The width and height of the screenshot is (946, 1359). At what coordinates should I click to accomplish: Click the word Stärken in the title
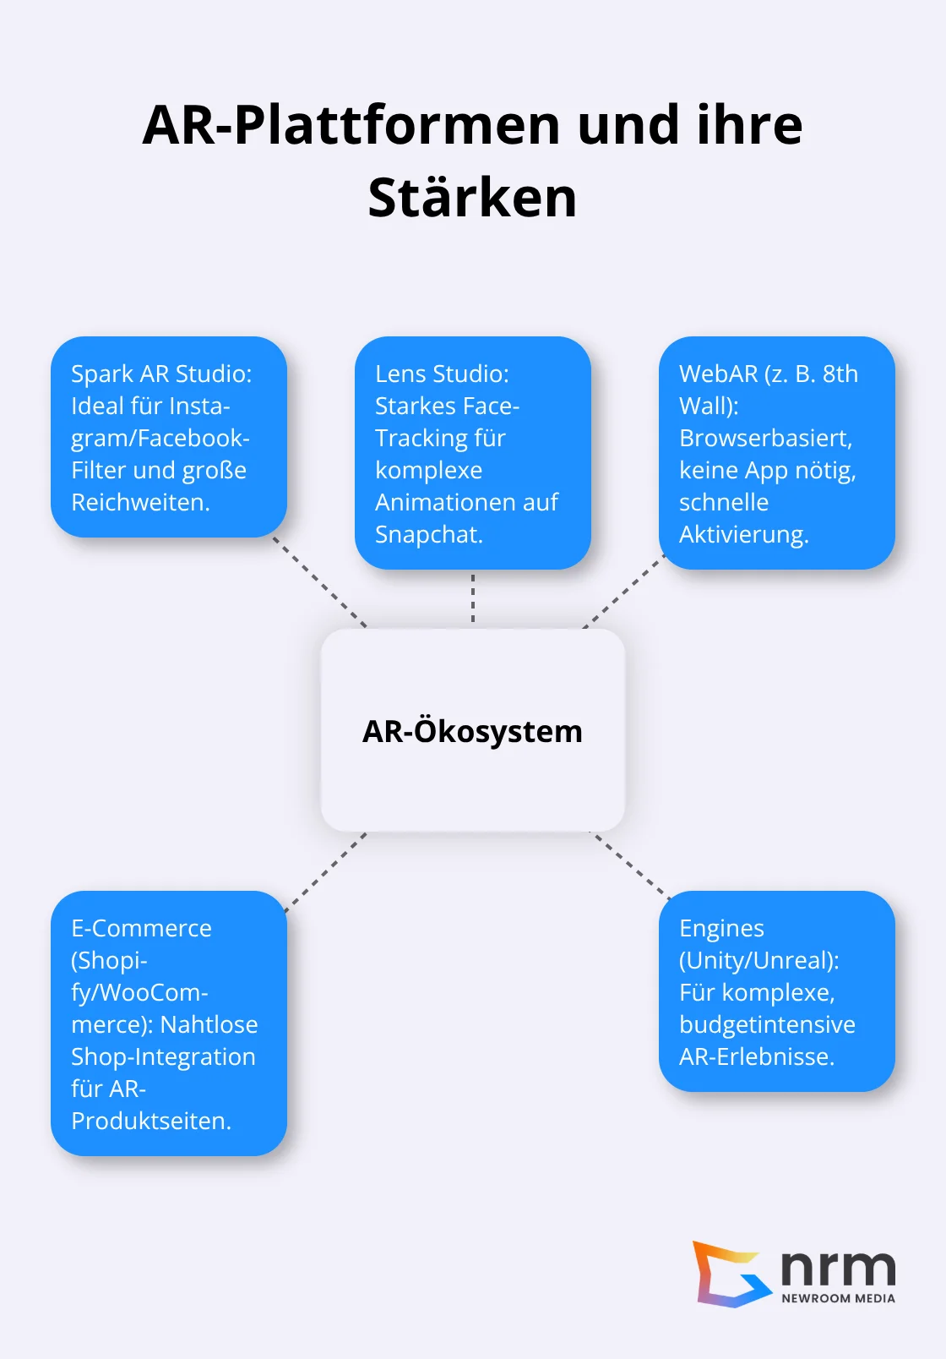point(472,198)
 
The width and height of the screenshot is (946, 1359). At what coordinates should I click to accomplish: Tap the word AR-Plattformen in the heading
point(351,125)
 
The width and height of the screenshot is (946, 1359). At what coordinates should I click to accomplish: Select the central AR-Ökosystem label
point(472,731)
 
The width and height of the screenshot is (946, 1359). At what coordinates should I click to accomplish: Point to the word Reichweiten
point(139,502)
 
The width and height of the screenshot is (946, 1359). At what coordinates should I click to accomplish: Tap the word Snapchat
point(427,534)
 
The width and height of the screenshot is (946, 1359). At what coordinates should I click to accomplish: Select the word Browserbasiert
point(764,438)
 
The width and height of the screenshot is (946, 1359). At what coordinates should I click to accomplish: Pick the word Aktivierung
point(742,534)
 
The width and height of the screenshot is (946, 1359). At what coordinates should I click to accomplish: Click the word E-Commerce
point(141,928)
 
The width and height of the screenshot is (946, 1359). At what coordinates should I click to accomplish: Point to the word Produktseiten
point(150,1121)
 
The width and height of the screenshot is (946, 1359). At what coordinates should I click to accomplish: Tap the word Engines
point(721,928)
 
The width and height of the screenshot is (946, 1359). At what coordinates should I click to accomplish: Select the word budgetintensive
point(767,1024)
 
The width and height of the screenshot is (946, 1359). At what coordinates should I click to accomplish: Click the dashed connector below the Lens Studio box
point(473,598)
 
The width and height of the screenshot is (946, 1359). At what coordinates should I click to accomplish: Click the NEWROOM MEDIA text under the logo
point(838,1298)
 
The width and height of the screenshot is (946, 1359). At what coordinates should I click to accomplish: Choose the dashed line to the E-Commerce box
point(326,872)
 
